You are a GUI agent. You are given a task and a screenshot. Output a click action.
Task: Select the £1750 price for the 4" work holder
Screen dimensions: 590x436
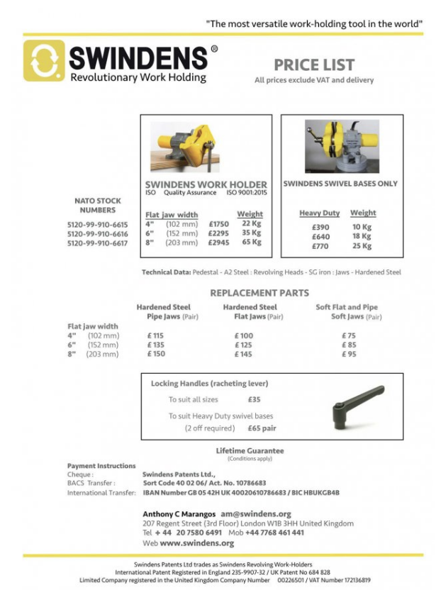pos(218,224)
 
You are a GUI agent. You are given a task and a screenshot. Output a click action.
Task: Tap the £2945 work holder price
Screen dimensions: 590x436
pos(218,243)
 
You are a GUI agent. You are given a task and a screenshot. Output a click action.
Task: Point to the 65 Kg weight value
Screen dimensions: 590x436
pos(251,242)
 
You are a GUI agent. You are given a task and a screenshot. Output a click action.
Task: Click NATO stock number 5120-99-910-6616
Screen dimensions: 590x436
pos(97,233)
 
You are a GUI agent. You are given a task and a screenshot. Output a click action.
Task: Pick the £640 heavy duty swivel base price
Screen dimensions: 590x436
pos(320,237)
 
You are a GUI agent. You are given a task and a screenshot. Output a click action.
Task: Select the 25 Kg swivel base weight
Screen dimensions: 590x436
pos(362,246)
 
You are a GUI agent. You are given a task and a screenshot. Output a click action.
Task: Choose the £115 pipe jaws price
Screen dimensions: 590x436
pos(155,335)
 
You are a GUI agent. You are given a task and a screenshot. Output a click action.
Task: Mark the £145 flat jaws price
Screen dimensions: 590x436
pos(243,354)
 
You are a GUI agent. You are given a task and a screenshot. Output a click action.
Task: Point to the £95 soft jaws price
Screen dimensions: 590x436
pos(348,354)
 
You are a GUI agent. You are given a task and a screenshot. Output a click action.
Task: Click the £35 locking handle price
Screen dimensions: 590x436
pos(254,399)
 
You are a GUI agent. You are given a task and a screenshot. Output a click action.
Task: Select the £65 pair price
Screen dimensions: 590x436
pos(262,429)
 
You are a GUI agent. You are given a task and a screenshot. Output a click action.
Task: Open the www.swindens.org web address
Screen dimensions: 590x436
pos(196,543)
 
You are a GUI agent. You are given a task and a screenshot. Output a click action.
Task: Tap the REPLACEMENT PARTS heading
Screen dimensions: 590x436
pos(259,292)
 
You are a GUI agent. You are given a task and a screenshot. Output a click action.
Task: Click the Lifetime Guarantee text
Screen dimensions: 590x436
pos(250,450)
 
